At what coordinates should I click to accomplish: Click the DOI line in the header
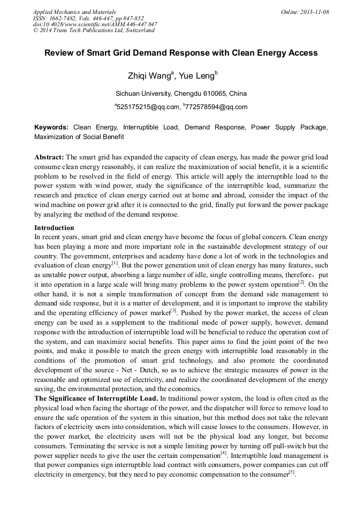click(95, 24)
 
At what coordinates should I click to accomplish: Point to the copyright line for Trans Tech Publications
click(94, 30)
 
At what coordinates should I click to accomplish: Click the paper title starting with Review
click(181, 53)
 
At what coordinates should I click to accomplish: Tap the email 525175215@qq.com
click(148, 107)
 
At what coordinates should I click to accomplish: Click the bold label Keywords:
click(51, 128)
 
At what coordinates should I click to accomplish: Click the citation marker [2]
click(301, 282)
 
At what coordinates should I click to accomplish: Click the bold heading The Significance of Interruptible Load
click(96, 399)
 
